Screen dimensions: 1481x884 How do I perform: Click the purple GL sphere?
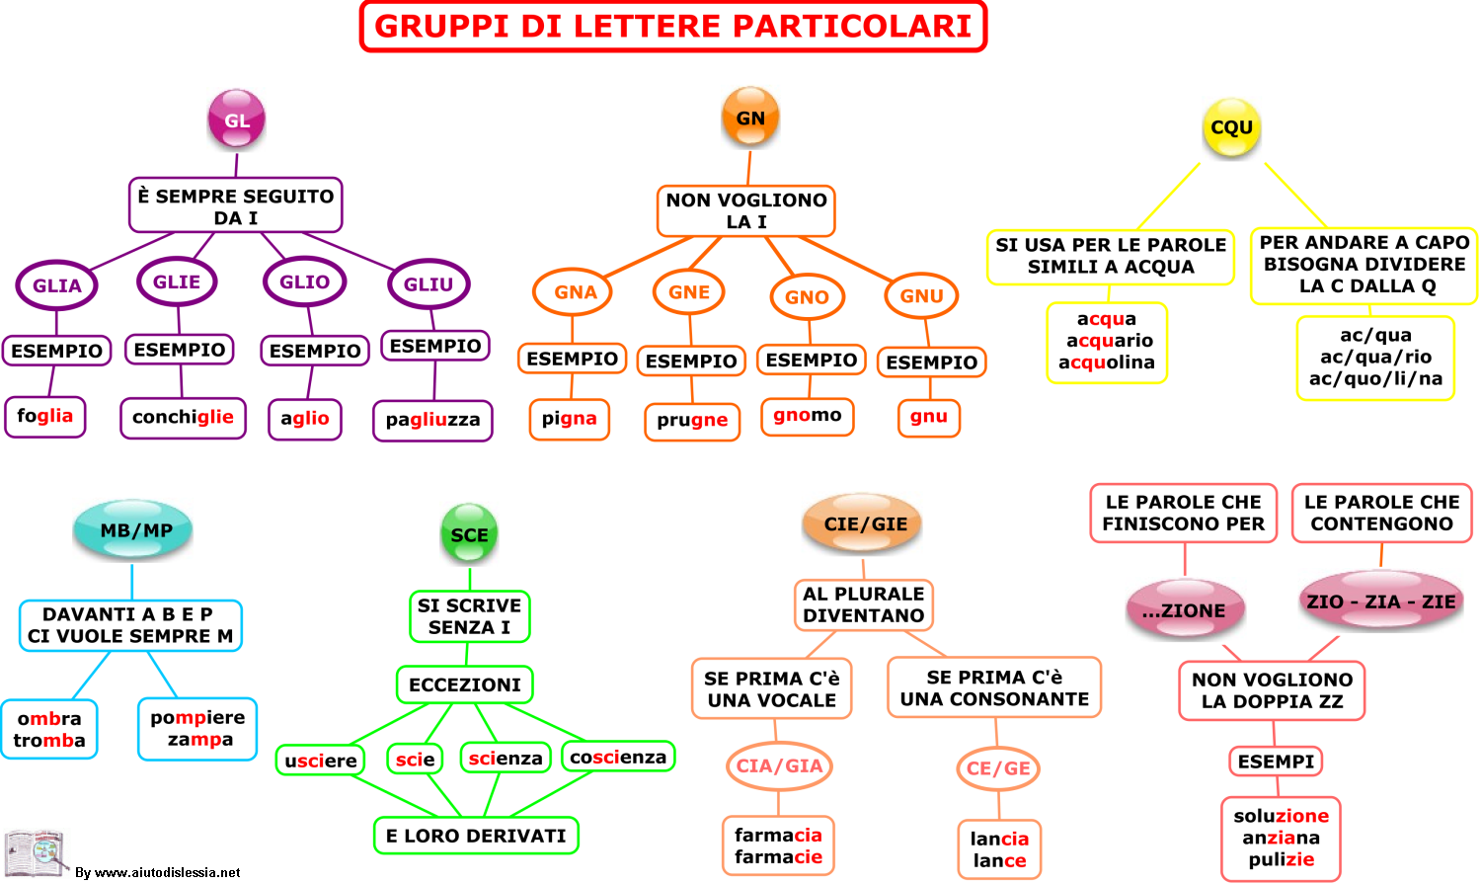236,119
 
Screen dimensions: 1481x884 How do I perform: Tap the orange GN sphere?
749,117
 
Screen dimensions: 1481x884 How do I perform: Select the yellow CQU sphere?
1231,127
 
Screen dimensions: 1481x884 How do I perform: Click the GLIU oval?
429,283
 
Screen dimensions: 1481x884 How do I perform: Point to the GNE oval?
688,291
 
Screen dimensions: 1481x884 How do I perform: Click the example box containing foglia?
45,417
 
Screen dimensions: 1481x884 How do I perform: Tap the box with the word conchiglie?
183,418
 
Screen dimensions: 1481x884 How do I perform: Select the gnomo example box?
808,416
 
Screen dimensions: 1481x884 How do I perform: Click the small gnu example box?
928,417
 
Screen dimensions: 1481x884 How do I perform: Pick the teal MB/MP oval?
133,529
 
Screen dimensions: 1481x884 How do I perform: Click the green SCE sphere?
469,533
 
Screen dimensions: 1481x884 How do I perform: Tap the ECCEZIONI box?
465,684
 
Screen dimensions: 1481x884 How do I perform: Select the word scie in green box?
416,759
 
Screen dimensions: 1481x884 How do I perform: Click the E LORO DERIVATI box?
476,836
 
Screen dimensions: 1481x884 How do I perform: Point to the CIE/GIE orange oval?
863,523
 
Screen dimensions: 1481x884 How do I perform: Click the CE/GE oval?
998,768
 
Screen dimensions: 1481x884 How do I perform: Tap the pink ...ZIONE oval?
1185,609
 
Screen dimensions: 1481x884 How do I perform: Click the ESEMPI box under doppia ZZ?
1276,762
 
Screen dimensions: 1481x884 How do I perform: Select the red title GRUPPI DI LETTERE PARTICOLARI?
673,27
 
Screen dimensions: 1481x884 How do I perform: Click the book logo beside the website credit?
35,853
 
